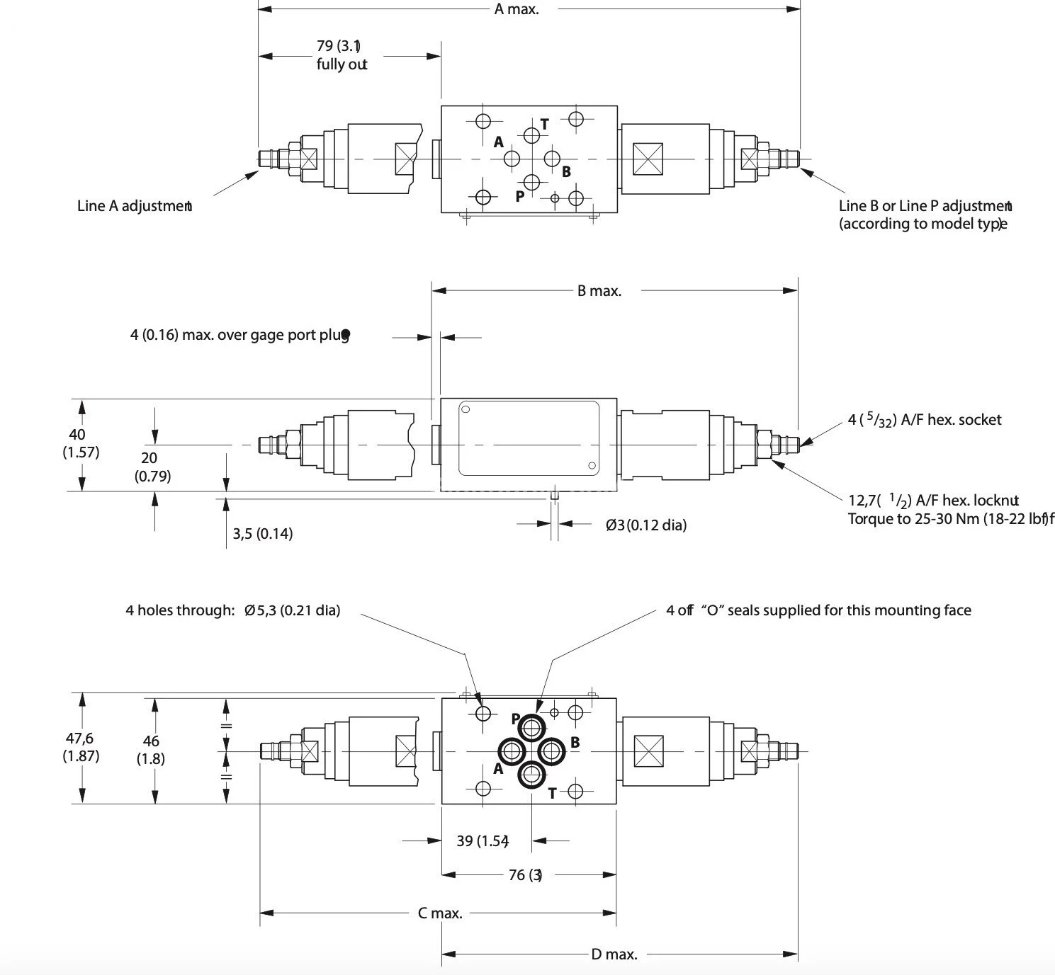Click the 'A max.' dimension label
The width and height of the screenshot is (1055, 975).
point(516,9)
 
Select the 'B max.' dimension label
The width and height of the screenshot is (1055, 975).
point(599,290)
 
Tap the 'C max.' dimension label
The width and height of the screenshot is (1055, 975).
point(439,913)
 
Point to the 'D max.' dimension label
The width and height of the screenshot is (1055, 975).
point(614,954)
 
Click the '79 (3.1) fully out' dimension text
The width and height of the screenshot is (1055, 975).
point(341,55)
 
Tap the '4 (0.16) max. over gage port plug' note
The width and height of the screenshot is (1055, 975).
point(239,334)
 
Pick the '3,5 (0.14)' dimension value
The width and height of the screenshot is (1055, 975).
point(262,533)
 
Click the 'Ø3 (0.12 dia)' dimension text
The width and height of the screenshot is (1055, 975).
point(645,525)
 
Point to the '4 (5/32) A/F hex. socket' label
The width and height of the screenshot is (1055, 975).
point(924,420)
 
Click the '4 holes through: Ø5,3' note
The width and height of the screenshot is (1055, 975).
point(232,610)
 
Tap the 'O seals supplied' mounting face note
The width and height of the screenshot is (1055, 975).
point(818,610)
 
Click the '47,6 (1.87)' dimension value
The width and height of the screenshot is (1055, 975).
point(80,747)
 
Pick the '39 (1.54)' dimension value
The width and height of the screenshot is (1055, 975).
point(482,840)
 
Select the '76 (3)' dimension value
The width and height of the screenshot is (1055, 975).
point(525,874)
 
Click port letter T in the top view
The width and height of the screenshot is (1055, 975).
point(544,124)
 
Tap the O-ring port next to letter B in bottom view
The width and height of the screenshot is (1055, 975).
point(551,751)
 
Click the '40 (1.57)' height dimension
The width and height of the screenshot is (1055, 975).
point(80,443)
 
